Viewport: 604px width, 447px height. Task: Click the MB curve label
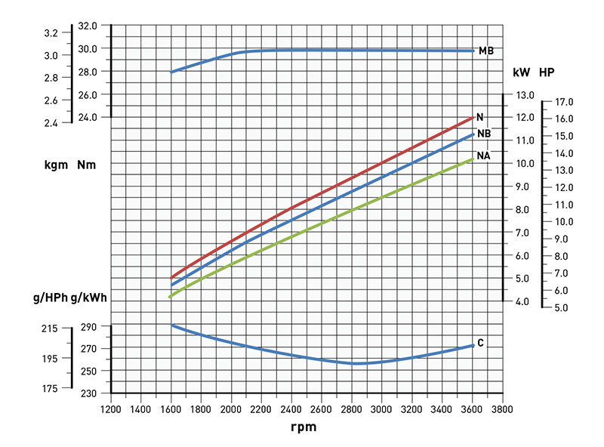(x=485, y=51)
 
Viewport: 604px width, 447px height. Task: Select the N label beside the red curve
(x=479, y=117)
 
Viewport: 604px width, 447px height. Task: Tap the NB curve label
(x=484, y=134)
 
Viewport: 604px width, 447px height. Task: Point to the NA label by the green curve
(x=484, y=156)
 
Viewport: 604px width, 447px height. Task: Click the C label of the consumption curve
(x=480, y=344)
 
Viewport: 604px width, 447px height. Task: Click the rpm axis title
(x=304, y=427)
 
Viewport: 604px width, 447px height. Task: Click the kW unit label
(x=521, y=73)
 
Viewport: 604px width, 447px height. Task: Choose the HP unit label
(x=547, y=73)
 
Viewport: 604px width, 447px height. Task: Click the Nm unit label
(x=86, y=165)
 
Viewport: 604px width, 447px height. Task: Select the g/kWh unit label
(x=88, y=298)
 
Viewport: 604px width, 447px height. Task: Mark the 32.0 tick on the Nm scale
(x=88, y=26)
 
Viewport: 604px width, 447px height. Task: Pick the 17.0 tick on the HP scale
(x=564, y=102)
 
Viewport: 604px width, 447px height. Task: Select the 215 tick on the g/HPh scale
(x=50, y=328)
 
